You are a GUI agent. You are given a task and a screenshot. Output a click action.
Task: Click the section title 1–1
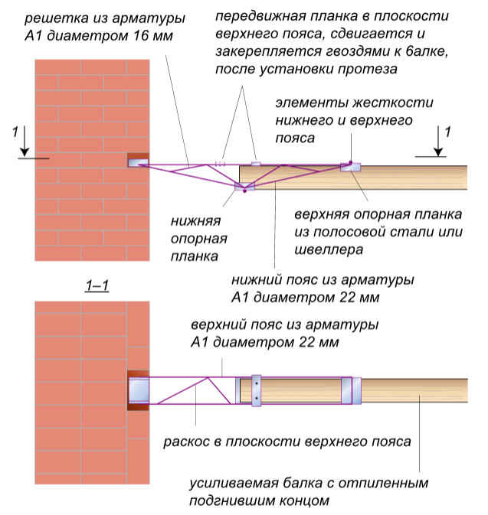click(x=97, y=285)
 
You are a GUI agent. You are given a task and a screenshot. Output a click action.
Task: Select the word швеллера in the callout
click(x=329, y=250)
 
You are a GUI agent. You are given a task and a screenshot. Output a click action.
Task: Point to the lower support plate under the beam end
click(x=244, y=187)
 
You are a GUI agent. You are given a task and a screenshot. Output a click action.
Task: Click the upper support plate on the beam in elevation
click(x=351, y=167)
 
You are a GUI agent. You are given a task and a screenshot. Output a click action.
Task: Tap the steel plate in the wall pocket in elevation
click(x=138, y=162)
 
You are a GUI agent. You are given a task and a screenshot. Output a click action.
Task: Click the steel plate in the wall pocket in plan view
click(x=139, y=390)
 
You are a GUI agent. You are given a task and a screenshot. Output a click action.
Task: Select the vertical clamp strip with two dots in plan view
click(x=256, y=390)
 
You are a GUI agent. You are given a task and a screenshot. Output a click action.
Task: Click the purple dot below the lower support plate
click(x=244, y=191)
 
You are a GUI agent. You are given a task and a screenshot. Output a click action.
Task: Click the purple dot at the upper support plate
click(x=351, y=162)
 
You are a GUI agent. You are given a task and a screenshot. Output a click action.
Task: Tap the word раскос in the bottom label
click(x=186, y=442)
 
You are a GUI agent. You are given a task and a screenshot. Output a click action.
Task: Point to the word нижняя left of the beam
click(x=195, y=221)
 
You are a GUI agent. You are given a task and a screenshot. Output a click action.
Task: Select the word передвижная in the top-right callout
click(x=260, y=16)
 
